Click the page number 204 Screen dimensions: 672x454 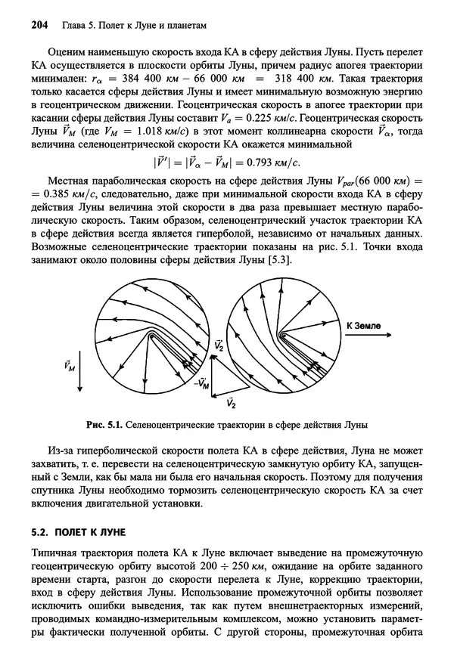point(39,25)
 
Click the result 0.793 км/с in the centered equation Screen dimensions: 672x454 point(269,161)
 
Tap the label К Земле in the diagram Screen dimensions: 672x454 point(367,325)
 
